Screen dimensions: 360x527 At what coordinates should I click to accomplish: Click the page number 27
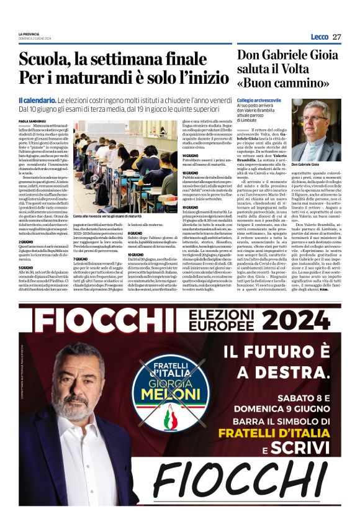coord(336,37)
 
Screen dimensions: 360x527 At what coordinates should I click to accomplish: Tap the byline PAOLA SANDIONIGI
coord(32,121)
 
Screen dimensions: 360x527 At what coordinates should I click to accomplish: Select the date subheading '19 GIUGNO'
coord(190,207)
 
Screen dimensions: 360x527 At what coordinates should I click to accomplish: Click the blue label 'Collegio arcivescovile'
coord(259,99)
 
